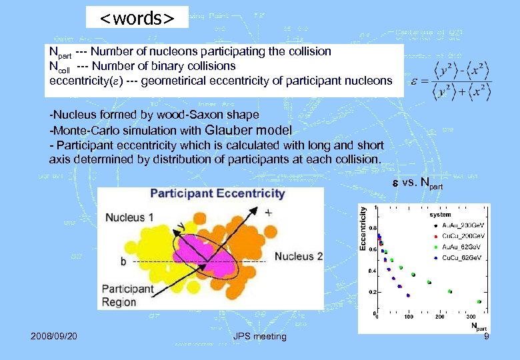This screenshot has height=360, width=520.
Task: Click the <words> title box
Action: [x=137, y=17]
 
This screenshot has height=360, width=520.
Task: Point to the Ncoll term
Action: [x=60, y=66]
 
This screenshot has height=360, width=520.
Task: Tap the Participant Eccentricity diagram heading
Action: [x=217, y=194]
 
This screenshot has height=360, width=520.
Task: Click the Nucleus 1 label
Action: [x=129, y=217]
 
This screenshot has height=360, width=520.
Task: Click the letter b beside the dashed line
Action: [x=123, y=262]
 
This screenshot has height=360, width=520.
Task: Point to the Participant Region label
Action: [x=127, y=295]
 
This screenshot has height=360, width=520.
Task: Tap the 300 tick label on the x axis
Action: [x=471, y=317]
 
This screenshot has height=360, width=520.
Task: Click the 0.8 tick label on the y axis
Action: [x=371, y=228]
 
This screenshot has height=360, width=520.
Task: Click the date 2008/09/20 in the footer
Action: [x=54, y=336]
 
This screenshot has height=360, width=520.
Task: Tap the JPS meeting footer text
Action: [x=260, y=336]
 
